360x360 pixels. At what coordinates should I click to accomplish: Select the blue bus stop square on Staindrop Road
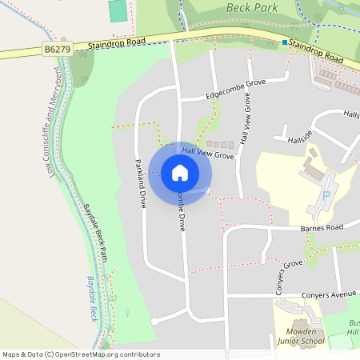[284, 42]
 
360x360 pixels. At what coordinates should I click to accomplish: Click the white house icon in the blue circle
[179, 172]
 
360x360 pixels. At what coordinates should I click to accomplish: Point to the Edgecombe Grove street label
[235, 88]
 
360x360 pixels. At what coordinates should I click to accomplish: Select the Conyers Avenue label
[329, 294]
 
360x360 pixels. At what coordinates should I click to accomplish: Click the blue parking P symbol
[325, 196]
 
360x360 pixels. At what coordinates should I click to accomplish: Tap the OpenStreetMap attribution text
[81, 354]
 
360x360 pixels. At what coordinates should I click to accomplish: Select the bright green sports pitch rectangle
[118, 10]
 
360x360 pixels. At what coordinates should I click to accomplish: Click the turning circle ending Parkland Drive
[154, 322]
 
